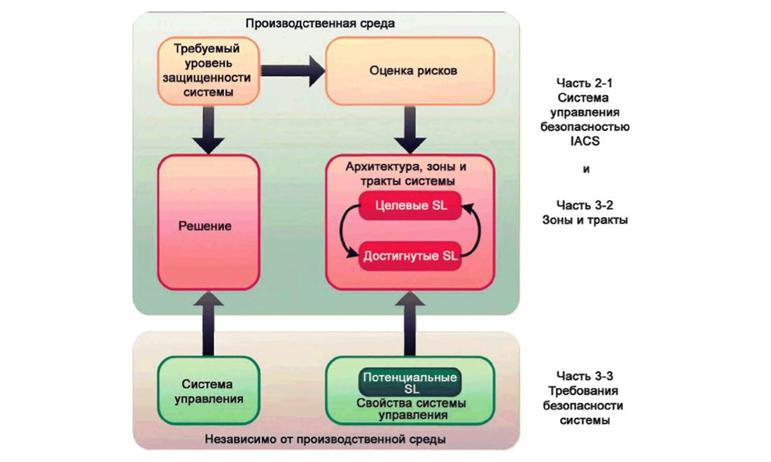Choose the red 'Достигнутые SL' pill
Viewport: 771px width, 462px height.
tap(410, 255)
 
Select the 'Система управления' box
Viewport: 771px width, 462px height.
tap(208, 390)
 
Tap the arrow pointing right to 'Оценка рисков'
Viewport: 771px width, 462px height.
tap(297, 69)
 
